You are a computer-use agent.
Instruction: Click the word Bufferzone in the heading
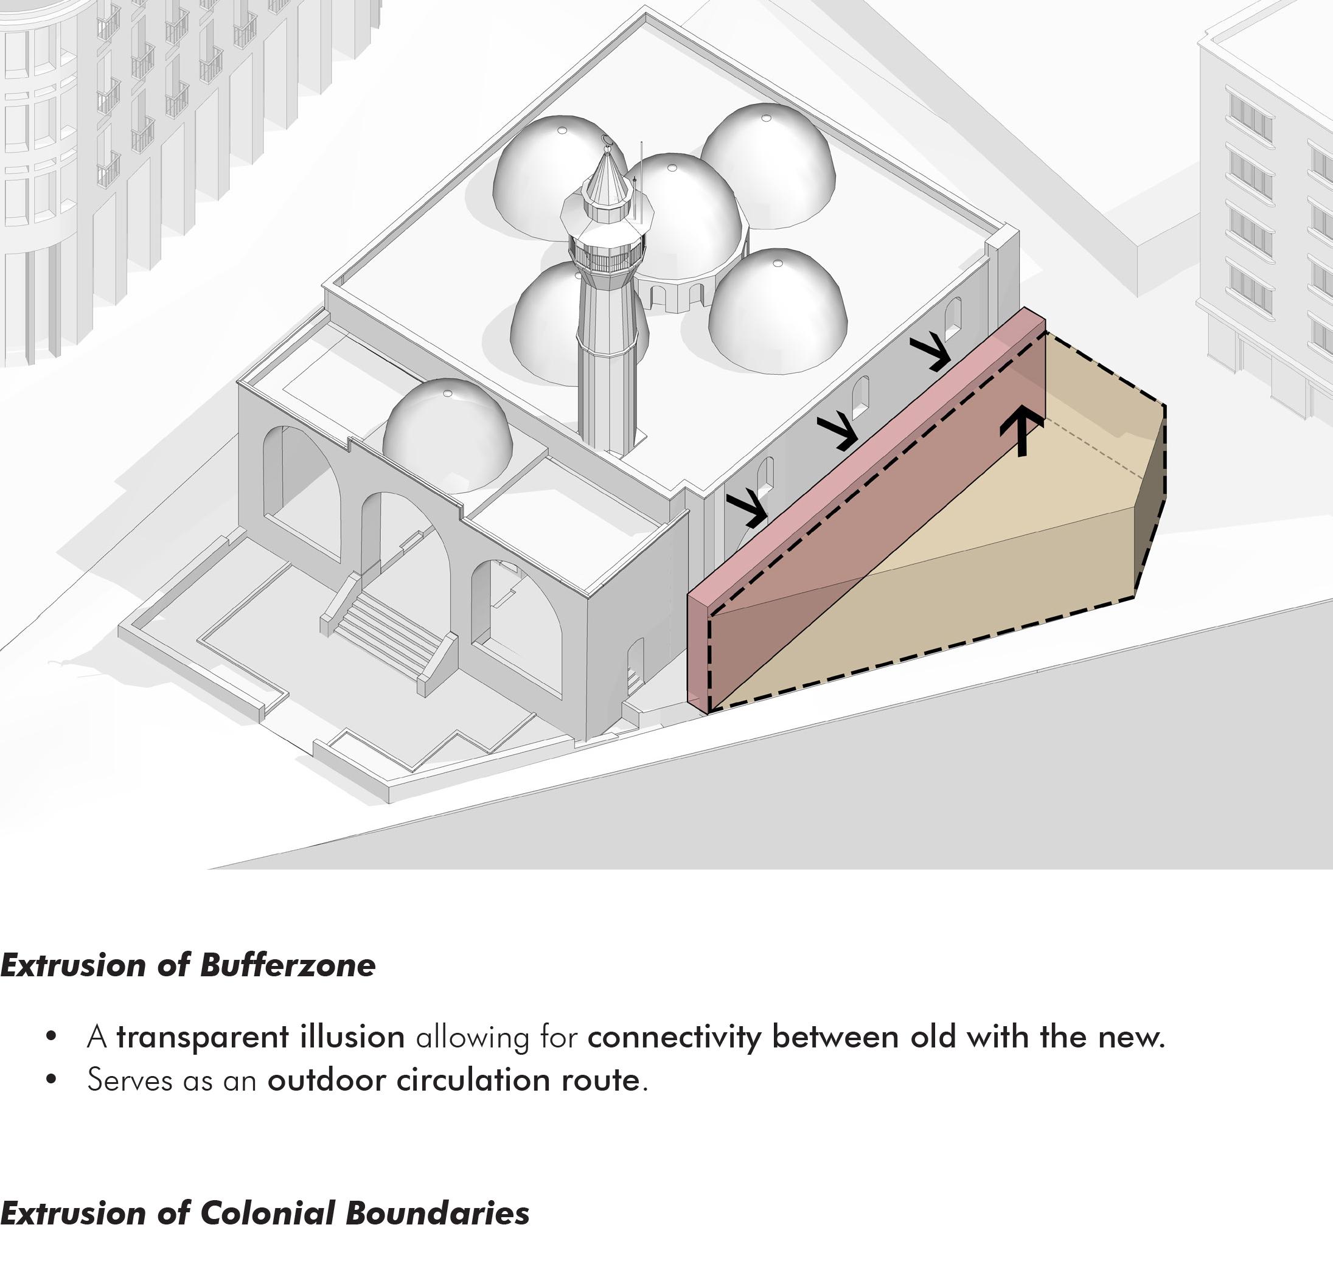288,965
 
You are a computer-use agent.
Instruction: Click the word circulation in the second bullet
473,1080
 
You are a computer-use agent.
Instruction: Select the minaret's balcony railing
607,256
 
